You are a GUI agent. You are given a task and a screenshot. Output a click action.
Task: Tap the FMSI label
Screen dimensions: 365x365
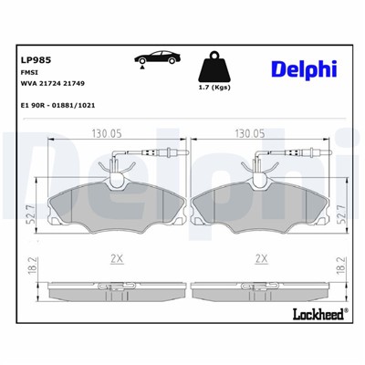tap(28, 72)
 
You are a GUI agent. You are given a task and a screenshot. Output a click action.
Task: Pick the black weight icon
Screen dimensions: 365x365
tap(214, 65)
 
